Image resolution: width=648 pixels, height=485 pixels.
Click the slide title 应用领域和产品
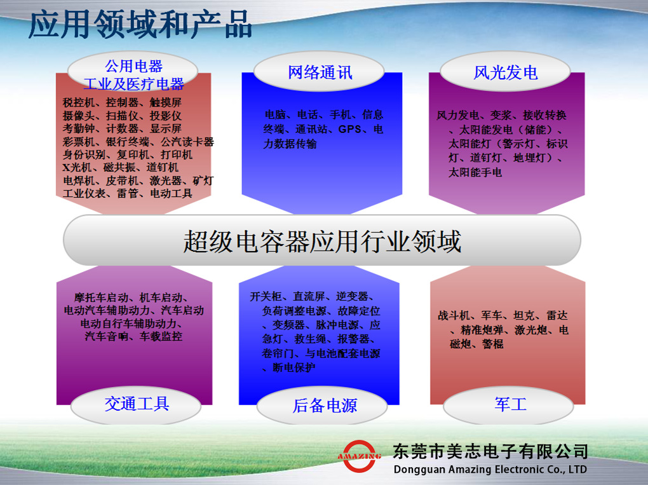(140, 24)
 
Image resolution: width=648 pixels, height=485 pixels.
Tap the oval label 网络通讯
(320, 72)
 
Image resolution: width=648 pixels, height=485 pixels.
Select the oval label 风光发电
(506, 72)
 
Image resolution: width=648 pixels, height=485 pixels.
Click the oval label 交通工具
(137, 404)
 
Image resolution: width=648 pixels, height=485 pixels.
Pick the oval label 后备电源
(322, 406)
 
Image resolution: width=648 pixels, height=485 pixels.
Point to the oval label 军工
(509, 404)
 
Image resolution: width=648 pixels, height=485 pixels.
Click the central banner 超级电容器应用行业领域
(322, 240)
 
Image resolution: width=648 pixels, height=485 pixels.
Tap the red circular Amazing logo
(359, 456)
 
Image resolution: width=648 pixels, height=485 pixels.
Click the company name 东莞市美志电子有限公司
(490, 451)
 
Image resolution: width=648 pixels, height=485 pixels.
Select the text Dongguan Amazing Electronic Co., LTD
(490, 469)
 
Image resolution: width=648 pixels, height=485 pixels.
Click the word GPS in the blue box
(349, 129)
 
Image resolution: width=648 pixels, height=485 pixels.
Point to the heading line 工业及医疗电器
(134, 84)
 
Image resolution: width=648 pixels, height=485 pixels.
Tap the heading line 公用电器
(134, 66)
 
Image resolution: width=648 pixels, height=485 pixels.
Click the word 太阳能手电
(475, 172)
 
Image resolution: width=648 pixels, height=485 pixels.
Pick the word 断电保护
(294, 367)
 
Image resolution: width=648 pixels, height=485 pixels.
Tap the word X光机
(78, 167)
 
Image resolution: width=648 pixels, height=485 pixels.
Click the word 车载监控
(161, 336)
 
